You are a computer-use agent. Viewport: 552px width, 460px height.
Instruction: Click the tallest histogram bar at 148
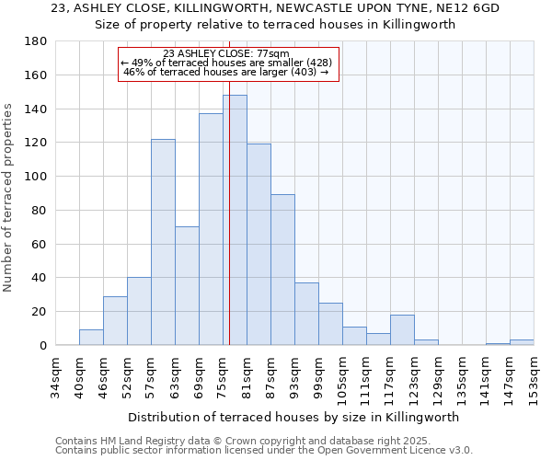[235, 221]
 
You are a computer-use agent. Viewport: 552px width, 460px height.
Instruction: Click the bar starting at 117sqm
[402, 329]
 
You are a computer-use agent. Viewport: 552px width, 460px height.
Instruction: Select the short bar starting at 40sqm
[91, 337]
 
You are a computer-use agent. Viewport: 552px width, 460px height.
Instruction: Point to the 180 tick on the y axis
[38, 41]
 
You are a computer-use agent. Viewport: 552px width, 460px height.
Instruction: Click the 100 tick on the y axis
[38, 177]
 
